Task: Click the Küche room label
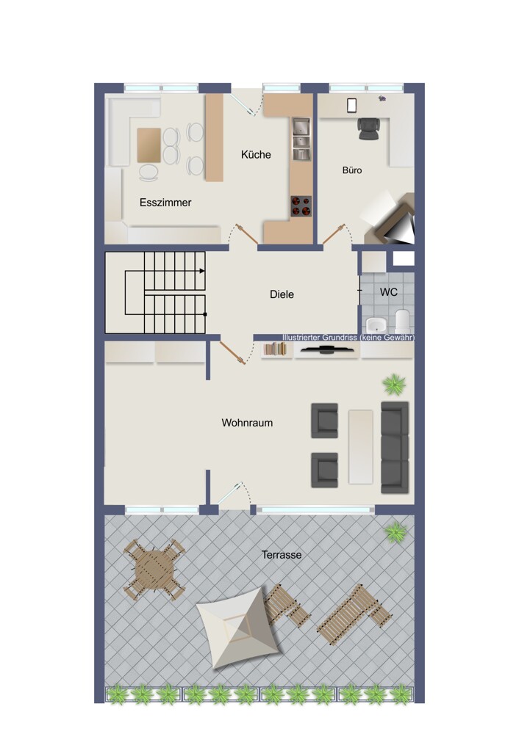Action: [x=256, y=154]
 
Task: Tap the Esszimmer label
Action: [x=165, y=203]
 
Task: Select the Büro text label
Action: [x=352, y=170]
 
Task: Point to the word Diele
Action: [x=282, y=294]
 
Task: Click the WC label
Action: [x=389, y=292]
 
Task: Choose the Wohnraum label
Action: [x=247, y=423]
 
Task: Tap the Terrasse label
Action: [x=282, y=555]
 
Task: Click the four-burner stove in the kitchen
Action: [x=301, y=206]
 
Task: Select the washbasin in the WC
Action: [x=375, y=324]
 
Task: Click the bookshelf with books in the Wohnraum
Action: [x=275, y=349]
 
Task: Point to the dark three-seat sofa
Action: [x=395, y=447]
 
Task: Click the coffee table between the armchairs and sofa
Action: [x=360, y=446]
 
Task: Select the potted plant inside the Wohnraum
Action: [x=394, y=385]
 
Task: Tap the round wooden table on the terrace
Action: [x=154, y=570]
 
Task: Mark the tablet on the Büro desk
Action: [x=351, y=105]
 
